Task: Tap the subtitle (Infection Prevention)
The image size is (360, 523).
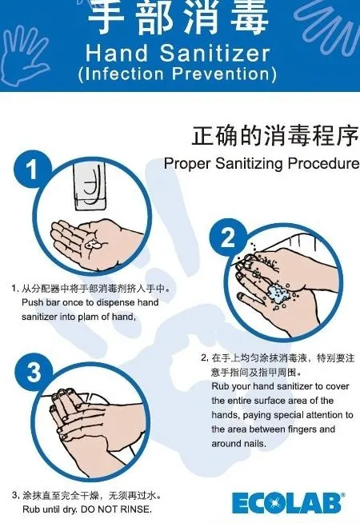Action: [178, 75]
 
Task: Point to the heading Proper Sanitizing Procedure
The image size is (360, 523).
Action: [262, 164]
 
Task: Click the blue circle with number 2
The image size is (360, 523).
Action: [229, 238]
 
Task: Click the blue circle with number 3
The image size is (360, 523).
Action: [34, 372]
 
